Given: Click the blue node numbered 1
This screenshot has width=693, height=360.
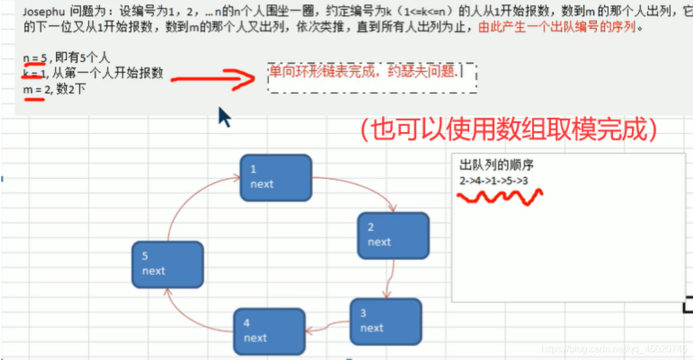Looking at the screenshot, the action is pyautogui.click(x=276, y=177).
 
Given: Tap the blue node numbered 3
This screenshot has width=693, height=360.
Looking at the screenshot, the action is pyautogui.click(x=385, y=322).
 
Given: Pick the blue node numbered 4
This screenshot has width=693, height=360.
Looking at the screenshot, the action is pyautogui.click(x=268, y=331).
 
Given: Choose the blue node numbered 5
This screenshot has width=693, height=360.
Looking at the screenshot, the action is pyautogui.click(x=167, y=264).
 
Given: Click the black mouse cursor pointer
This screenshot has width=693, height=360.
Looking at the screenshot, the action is pyautogui.click(x=223, y=116).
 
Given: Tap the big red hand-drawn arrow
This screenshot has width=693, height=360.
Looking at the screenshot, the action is pyautogui.click(x=213, y=78).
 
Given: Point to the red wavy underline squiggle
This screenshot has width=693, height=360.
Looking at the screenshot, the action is pyautogui.click(x=500, y=197).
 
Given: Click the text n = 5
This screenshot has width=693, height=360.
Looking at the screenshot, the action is pyautogui.click(x=35, y=58).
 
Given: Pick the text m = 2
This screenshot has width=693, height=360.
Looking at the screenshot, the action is pyautogui.click(x=35, y=90).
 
